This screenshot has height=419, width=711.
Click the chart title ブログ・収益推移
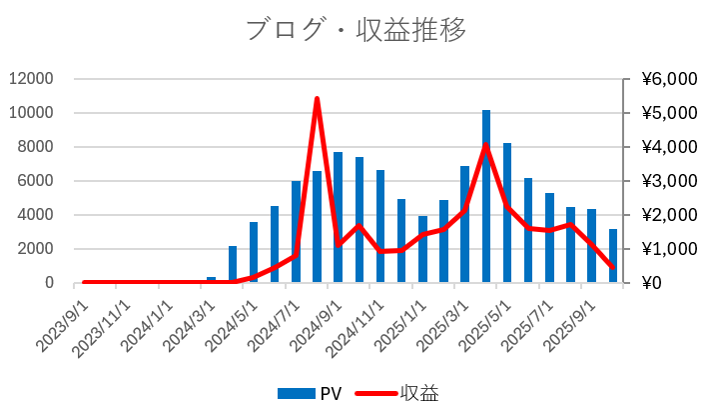pos(355,29)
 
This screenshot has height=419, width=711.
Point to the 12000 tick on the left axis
pos(33,79)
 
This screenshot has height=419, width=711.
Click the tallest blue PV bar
pos(486,200)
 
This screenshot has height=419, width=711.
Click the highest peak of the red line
pos(317,99)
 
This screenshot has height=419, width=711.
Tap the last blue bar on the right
pos(613,257)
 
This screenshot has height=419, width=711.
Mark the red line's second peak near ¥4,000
pos(486,145)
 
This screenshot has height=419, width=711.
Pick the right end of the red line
pos(613,267)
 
